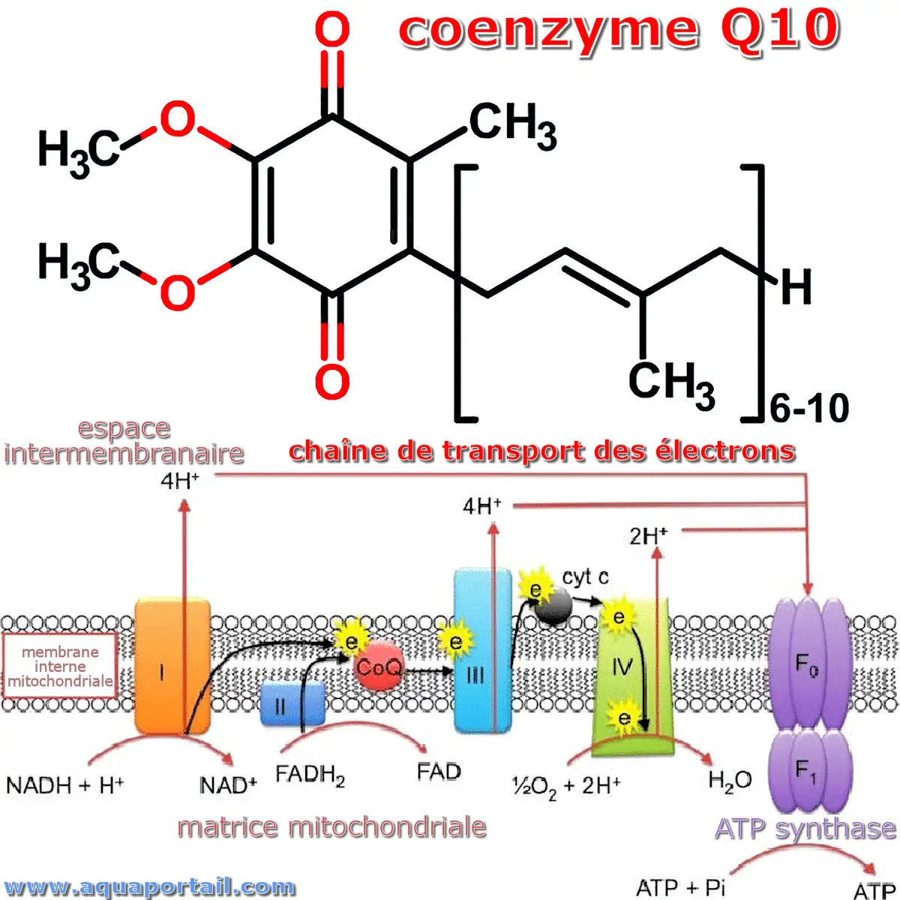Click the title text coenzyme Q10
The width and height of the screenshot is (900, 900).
click(x=618, y=30)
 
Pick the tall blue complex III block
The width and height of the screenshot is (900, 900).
click(x=483, y=651)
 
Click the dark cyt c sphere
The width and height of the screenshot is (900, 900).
click(x=553, y=606)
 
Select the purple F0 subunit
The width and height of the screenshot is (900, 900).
click(x=807, y=664)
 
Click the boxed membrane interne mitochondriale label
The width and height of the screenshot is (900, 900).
click(x=60, y=667)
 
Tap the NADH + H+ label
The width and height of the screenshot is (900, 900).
click(x=64, y=785)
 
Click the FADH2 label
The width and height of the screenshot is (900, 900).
click(x=310, y=775)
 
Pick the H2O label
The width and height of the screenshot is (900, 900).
click(x=729, y=780)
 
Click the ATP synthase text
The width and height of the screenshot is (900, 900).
click(x=805, y=829)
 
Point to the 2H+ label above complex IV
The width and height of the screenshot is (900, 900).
click(x=648, y=535)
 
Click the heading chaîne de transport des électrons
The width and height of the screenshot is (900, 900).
click(x=541, y=451)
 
